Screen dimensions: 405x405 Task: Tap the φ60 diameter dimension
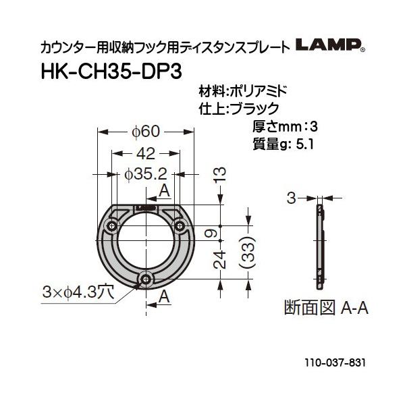[145, 130]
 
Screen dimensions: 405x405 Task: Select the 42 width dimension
[145, 153]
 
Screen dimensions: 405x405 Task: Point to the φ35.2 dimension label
[145, 174]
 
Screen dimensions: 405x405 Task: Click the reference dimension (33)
[249, 254]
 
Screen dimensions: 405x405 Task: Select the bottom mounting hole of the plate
[146, 278]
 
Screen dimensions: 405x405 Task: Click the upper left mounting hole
[113, 223]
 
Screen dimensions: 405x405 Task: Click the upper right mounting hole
[179, 223]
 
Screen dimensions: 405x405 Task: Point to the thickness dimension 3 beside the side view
[292, 198]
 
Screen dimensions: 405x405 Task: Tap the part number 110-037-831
[333, 362]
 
